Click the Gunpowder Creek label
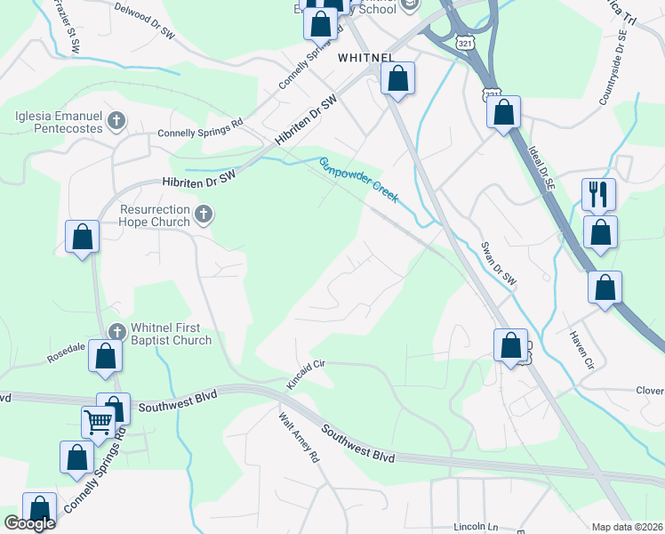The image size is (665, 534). [x=358, y=180]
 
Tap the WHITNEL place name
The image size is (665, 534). [x=365, y=56]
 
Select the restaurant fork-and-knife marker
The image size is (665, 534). [x=598, y=193]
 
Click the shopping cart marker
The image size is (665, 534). [x=98, y=421]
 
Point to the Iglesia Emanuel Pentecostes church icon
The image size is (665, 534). [x=116, y=119]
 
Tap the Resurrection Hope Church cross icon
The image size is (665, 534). [x=204, y=213]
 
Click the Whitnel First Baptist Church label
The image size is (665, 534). [x=171, y=334]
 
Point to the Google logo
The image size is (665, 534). [x=29, y=523]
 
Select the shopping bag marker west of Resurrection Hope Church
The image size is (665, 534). [x=82, y=237]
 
